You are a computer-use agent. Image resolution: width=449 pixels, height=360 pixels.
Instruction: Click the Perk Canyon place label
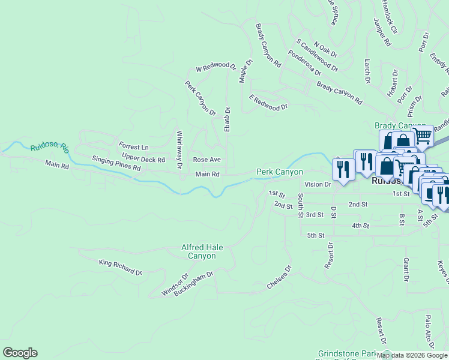(x=280, y=172)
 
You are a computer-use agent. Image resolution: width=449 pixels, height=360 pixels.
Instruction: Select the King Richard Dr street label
(x=121, y=267)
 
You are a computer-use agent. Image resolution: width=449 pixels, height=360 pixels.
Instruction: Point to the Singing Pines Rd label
(x=116, y=164)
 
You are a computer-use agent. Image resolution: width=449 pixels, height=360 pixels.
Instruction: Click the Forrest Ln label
(x=133, y=147)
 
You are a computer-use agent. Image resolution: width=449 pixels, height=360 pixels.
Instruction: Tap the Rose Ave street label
(x=206, y=160)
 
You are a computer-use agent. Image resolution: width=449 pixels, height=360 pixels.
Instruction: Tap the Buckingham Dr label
(x=194, y=283)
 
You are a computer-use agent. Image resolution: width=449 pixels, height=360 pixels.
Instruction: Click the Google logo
(x=20, y=353)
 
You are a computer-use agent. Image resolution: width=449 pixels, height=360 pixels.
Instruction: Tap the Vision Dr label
(x=318, y=185)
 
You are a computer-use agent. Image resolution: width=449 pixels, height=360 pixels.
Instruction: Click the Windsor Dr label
(x=175, y=285)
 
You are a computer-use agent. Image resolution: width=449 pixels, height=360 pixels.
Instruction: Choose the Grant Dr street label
(x=406, y=270)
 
